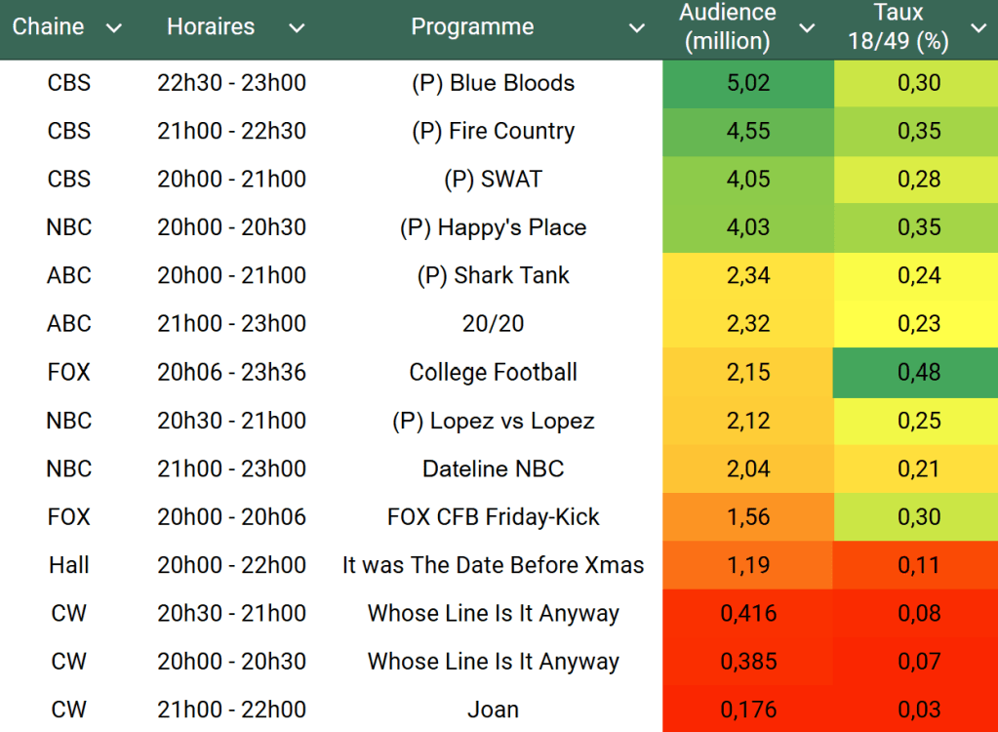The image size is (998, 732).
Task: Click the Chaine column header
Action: tap(48, 27)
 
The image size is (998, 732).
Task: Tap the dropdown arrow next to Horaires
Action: tap(297, 28)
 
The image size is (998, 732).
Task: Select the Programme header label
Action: tap(472, 27)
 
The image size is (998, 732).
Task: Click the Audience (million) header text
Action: tap(728, 27)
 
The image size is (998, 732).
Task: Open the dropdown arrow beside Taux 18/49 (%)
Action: tap(978, 28)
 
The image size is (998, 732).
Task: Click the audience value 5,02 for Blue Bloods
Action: tap(748, 83)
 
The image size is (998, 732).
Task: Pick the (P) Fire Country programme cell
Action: tap(494, 131)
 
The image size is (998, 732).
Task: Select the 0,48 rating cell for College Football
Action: tap(919, 372)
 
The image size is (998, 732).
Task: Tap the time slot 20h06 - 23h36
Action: tap(231, 372)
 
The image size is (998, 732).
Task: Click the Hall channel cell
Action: tap(69, 565)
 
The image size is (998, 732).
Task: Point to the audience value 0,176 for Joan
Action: tap(748, 710)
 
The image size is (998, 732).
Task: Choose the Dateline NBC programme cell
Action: tap(494, 468)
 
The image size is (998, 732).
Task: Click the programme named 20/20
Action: tap(494, 323)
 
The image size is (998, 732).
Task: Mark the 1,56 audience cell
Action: tap(748, 517)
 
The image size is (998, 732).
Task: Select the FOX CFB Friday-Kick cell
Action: tap(494, 517)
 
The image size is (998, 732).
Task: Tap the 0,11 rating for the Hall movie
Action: tap(919, 565)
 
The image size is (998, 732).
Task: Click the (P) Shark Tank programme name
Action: tap(494, 275)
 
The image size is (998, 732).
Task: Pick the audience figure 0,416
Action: tap(748, 613)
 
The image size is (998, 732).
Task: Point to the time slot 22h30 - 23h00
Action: tap(231, 83)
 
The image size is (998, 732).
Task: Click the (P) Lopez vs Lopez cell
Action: tap(494, 421)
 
